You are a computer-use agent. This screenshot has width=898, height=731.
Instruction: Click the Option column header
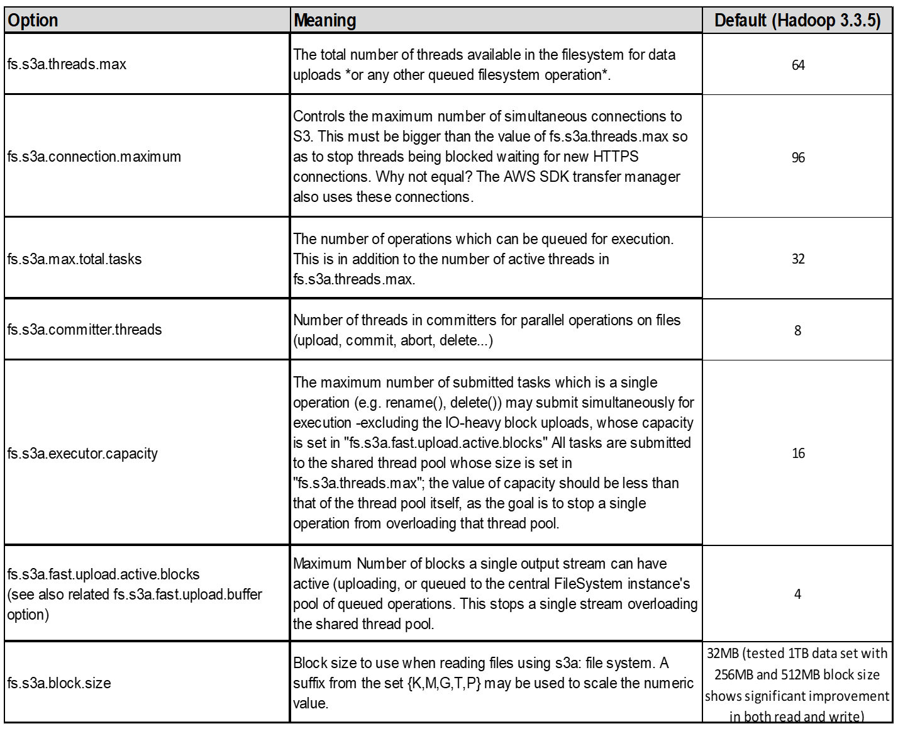(x=33, y=21)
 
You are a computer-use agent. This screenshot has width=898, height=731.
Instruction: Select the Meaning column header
(x=325, y=21)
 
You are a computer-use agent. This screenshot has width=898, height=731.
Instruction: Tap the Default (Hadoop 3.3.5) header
(x=797, y=21)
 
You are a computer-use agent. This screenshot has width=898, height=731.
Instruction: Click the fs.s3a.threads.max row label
(x=67, y=65)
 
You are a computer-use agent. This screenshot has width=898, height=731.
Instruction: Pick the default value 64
(x=798, y=65)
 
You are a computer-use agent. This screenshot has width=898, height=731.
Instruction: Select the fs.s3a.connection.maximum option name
(x=94, y=157)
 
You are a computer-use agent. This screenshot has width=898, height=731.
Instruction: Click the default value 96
(x=798, y=157)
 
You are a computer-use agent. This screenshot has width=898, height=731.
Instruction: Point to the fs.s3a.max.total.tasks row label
(x=75, y=259)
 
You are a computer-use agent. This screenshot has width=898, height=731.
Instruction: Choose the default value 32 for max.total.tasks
(x=798, y=259)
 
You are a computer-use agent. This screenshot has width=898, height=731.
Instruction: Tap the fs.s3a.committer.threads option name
(x=85, y=330)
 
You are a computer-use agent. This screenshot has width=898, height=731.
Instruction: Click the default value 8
(x=797, y=330)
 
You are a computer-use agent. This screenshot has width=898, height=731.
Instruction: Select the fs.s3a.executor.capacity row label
(x=82, y=453)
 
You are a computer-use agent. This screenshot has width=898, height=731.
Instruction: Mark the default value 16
(x=798, y=453)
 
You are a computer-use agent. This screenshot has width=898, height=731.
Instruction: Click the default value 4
(x=797, y=594)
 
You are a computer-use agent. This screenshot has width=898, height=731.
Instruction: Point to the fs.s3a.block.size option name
(x=59, y=683)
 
